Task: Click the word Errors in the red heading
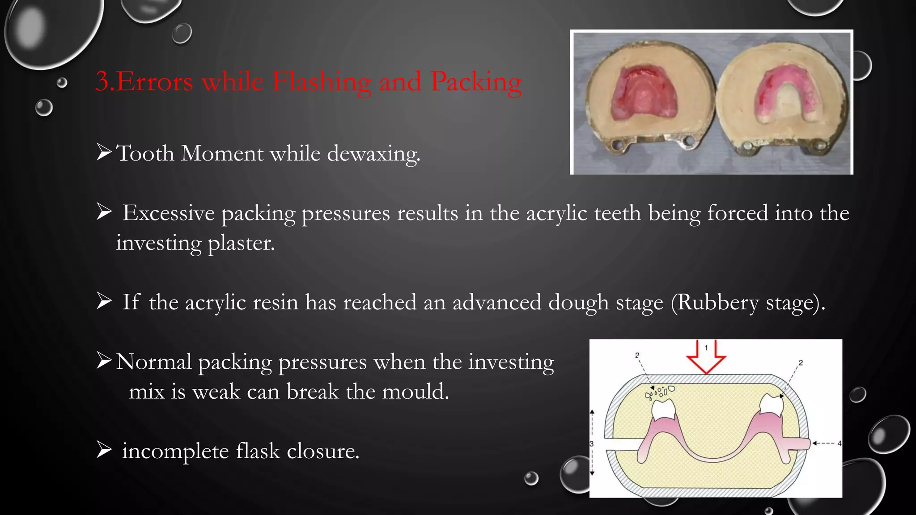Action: click(154, 82)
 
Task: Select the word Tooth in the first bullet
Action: click(145, 153)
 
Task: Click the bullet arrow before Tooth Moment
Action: click(104, 152)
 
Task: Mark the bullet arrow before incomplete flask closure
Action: click(104, 450)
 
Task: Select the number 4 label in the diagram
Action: click(839, 443)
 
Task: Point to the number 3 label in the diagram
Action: click(591, 444)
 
